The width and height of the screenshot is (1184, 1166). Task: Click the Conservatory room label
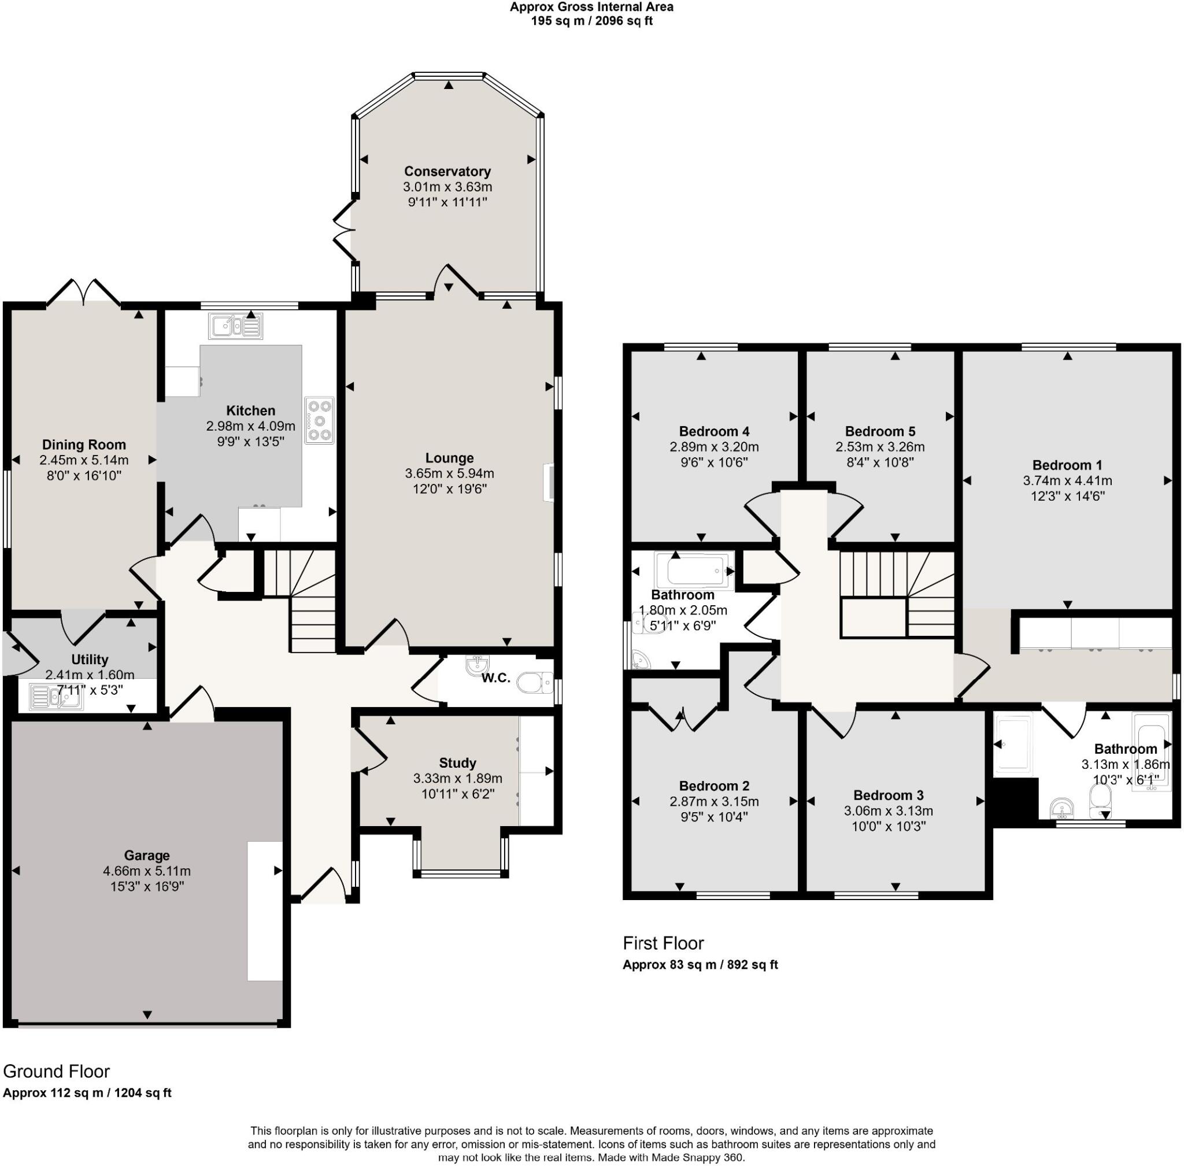(x=447, y=172)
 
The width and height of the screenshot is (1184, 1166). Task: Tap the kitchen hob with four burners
(x=319, y=420)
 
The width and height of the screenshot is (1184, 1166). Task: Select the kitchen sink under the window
(x=235, y=326)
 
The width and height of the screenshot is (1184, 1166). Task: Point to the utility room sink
(x=55, y=698)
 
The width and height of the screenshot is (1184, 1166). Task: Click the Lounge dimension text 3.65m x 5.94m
(x=449, y=473)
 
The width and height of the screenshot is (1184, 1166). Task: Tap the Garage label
(x=146, y=855)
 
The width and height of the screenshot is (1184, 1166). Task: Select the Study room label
(x=457, y=762)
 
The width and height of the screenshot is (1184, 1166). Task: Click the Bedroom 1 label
(x=1067, y=465)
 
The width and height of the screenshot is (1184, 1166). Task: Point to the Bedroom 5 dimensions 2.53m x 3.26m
(x=879, y=447)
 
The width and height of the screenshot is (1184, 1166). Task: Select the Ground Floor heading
(x=56, y=1071)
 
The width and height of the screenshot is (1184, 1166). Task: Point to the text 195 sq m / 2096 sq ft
(x=591, y=21)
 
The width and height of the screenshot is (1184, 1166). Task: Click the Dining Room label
(x=84, y=445)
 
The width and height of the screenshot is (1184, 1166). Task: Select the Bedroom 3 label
(x=887, y=795)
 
